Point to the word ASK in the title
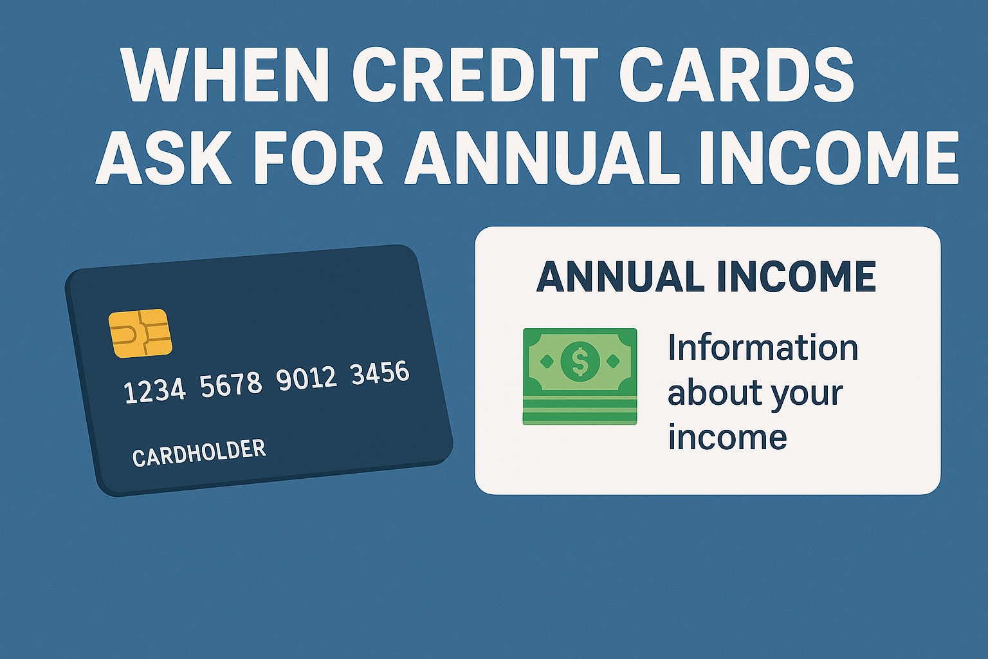(163, 157)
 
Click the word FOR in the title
(318, 157)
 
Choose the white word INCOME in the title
(829, 157)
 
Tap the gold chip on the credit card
(140, 333)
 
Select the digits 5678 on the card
(231, 384)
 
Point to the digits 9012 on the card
(306, 378)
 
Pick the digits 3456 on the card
(380, 373)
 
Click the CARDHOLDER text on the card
(199, 452)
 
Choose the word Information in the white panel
(763, 348)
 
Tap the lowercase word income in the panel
(727, 438)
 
